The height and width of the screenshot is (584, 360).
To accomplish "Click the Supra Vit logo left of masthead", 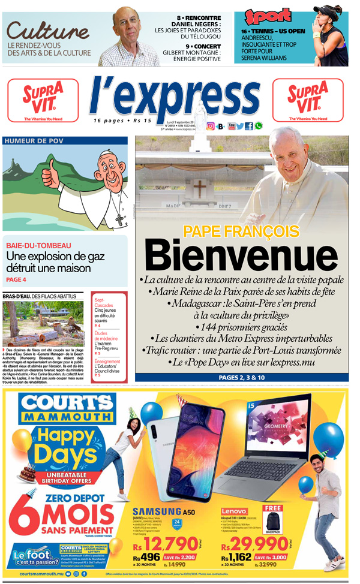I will pos(43,99).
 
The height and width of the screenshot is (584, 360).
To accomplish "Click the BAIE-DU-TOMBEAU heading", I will pos(38,246).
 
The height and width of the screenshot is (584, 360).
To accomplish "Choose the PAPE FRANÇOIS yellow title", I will pos(241,231).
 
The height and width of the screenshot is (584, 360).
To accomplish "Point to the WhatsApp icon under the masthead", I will pos(259,126).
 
